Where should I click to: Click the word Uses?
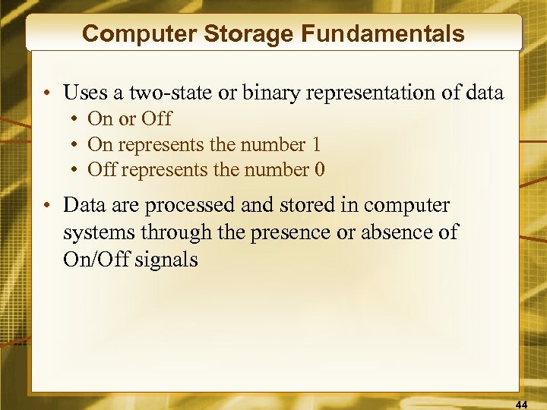pyautogui.click(x=84, y=93)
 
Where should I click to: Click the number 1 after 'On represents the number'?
pyautogui.click(x=316, y=144)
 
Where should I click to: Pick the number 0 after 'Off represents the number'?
pyautogui.click(x=319, y=169)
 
